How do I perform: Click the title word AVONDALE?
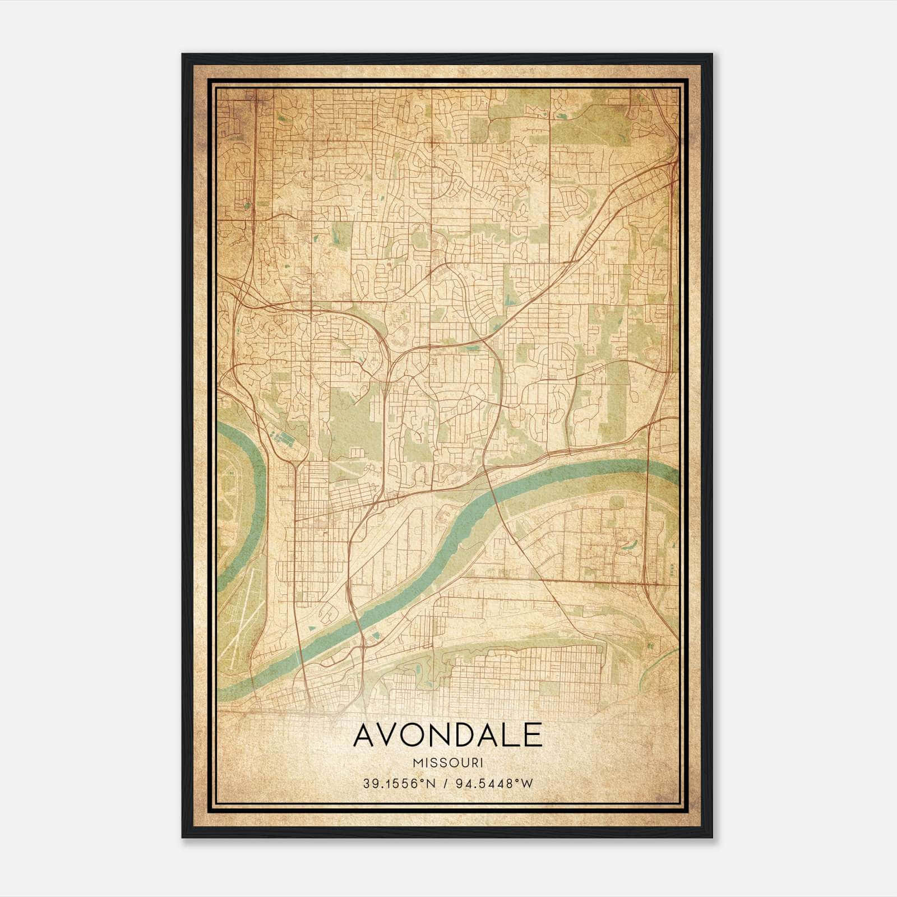tap(447, 735)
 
